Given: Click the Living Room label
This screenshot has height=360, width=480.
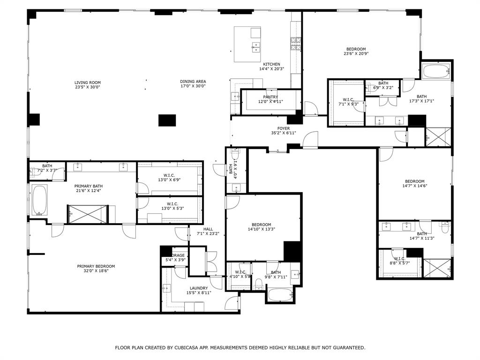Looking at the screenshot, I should [88, 82].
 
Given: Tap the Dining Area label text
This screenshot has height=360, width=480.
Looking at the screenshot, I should [193, 82].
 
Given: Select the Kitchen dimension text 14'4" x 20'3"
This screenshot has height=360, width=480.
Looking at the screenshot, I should [271, 69].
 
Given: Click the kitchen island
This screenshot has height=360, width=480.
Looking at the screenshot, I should [247, 44].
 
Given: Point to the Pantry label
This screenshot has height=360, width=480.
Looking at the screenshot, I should [270, 97].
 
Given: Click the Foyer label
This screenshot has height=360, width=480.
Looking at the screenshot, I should [284, 128].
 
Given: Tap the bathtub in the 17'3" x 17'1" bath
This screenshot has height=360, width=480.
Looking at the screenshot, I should [436, 72].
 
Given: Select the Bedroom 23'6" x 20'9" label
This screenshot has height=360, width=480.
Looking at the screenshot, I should [356, 49].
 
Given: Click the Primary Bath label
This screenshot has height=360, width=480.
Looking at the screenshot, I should [88, 186].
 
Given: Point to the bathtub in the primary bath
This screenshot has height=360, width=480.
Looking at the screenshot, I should [39, 200].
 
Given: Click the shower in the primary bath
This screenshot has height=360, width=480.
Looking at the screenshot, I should [88, 214].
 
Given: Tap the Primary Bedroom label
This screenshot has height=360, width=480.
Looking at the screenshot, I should [96, 266].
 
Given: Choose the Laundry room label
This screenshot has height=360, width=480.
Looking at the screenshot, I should [199, 288].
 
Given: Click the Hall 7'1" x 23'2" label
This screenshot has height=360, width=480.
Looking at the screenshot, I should [208, 229].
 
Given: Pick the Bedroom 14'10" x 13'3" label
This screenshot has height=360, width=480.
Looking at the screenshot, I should [261, 225].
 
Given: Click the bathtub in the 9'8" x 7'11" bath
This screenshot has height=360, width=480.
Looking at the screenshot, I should [281, 294].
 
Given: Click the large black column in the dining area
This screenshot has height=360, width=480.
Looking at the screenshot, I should [167, 120].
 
